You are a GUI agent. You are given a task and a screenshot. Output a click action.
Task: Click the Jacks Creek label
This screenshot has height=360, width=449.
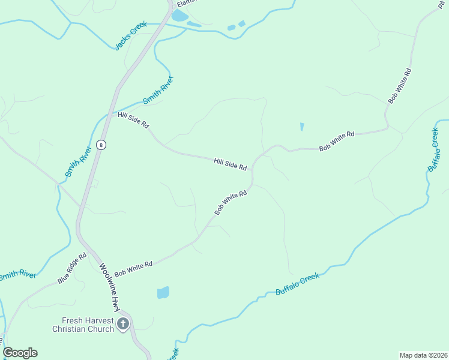click(131, 36)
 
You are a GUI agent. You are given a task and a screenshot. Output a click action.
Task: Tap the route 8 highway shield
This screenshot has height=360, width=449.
click(101, 145)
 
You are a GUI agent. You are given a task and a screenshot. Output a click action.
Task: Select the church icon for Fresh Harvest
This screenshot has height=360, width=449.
click(122, 325)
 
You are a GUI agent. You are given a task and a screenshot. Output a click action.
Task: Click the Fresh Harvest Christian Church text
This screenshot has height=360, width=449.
click(83, 325)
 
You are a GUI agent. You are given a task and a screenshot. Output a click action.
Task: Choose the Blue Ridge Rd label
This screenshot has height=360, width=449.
click(72, 268)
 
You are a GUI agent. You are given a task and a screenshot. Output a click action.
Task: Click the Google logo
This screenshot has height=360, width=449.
click(20, 353)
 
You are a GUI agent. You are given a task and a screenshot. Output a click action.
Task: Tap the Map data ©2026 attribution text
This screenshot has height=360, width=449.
click(423, 355)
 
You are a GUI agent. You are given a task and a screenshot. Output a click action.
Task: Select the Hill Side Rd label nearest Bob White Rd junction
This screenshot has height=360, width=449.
click(231, 164)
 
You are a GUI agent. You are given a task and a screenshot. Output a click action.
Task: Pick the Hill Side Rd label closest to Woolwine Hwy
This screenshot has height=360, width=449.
click(133, 119)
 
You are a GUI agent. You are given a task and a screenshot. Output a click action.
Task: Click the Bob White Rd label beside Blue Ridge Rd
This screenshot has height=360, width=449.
click(134, 268)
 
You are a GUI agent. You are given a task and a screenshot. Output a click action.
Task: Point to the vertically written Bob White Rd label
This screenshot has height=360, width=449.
click(400, 86)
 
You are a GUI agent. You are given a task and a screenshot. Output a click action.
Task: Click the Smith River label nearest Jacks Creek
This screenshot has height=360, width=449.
click(158, 90)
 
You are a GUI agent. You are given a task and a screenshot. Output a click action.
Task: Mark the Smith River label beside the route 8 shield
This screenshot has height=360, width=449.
click(78, 163)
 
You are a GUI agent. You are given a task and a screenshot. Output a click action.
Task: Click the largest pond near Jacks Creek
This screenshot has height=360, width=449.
click(179, 15)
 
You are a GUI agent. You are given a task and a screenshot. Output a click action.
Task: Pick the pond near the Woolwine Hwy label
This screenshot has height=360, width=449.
click(163, 293)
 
